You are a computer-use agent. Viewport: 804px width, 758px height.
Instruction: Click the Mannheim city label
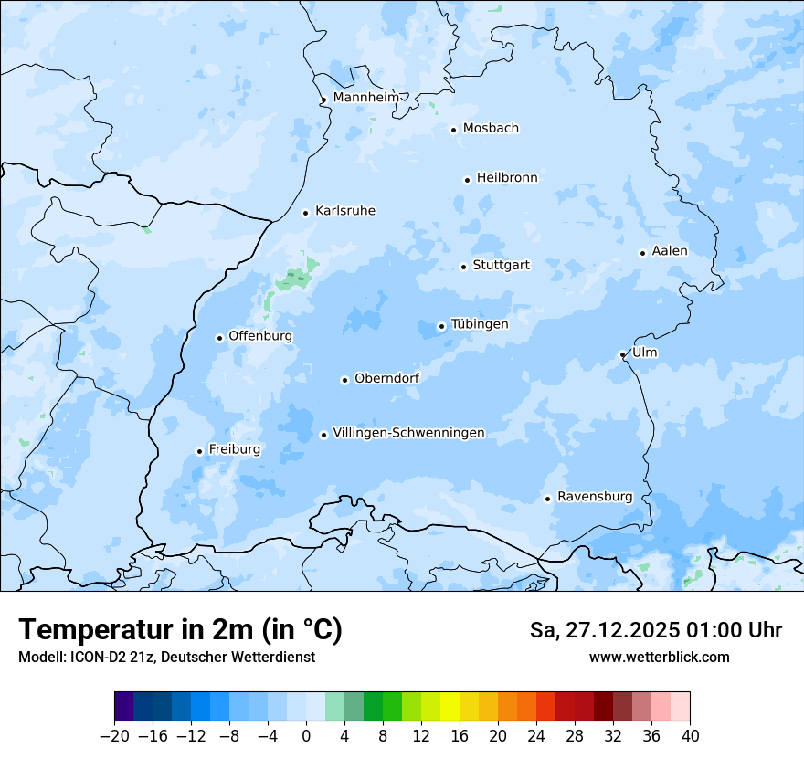[365, 98]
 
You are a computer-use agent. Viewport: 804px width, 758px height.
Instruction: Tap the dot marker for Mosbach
[453, 130]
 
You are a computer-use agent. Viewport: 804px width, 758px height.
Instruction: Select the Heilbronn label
[507, 178]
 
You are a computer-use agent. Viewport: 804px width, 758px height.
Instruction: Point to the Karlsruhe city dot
[306, 213]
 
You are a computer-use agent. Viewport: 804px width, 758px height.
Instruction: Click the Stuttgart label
[501, 266]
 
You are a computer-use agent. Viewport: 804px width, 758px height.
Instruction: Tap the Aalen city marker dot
[642, 253]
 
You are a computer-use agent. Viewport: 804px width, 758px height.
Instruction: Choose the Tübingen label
[480, 324]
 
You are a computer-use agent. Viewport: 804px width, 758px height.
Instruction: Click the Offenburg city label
[260, 336]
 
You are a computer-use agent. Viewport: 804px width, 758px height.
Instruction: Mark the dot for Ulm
[622, 354]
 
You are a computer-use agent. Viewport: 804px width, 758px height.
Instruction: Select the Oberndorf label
[386, 378]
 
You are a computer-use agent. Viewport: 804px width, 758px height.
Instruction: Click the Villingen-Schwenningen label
[408, 433]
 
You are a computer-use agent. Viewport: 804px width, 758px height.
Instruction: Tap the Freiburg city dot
[199, 451]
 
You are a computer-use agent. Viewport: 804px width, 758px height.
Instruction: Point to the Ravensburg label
[595, 497]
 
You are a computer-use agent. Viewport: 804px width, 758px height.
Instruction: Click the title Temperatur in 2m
[180, 630]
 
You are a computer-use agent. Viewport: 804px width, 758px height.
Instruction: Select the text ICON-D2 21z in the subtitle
[103, 657]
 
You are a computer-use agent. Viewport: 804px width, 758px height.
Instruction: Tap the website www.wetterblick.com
[659, 657]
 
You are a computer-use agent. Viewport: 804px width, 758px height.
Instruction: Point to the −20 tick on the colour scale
[115, 736]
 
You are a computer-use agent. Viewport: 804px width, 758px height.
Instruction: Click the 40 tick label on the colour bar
[690, 736]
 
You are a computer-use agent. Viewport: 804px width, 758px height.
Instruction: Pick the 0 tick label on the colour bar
[306, 736]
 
